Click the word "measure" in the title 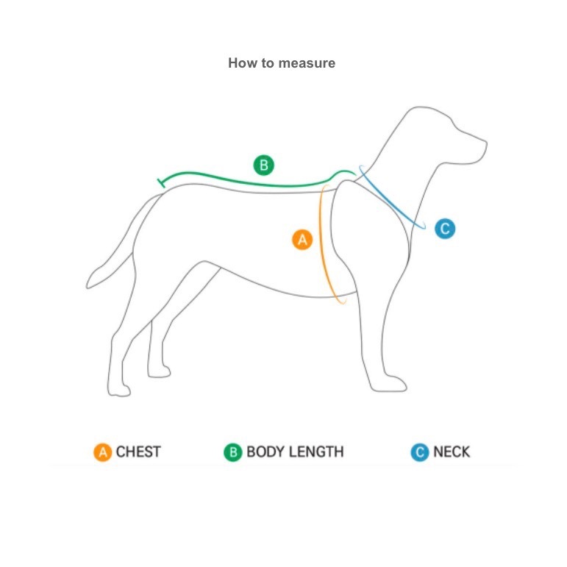(x=307, y=63)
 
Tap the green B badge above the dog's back (x=263, y=165)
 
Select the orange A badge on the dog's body (x=302, y=240)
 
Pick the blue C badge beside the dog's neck (x=445, y=229)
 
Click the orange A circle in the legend (x=103, y=452)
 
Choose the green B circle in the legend (x=233, y=452)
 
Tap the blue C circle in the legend (x=420, y=452)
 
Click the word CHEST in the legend (x=138, y=452)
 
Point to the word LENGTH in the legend (x=314, y=452)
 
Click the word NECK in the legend (x=452, y=452)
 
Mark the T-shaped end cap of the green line (x=161, y=183)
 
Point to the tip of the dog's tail (x=88, y=286)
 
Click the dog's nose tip (x=486, y=144)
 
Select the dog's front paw (x=390, y=384)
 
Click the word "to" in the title (x=268, y=63)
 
